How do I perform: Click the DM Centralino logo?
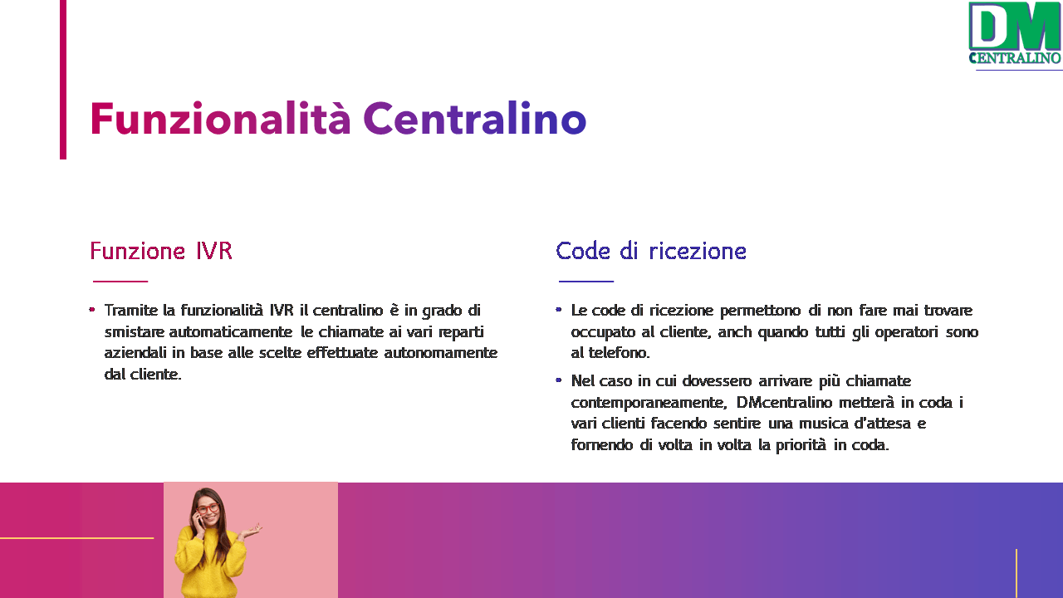[x=1015, y=33]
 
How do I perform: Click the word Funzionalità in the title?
[x=220, y=118]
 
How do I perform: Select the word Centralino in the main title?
[x=475, y=118]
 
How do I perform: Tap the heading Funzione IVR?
[x=161, y=251]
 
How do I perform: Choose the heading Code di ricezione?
[x=651, y=251]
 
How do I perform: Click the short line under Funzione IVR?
[x=120, y=282]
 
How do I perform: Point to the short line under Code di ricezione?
[x=586, y=282]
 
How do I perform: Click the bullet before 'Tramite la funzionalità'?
[x=92, y=310]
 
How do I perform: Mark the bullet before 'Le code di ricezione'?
[x=559, y=310]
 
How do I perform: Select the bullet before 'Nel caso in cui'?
[x=559, y=380]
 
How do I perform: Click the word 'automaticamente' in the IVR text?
[x=231, y=331]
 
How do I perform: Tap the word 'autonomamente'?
[x=441, y=353]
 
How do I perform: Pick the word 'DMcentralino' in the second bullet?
[x=785, y=403]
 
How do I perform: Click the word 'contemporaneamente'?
[x=649, y=404]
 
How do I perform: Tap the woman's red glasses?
[x=208, y=509]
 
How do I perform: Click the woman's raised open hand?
[x=252, y=530]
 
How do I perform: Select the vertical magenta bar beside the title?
[x=63, y=80]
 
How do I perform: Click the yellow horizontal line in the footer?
[x=77, y=538]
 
